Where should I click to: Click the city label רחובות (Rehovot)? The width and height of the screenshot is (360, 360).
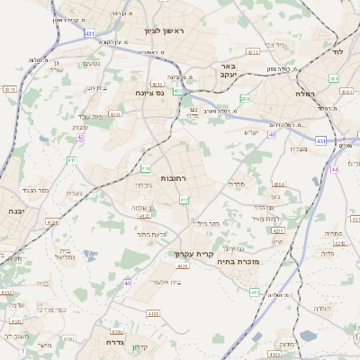coord(174,179)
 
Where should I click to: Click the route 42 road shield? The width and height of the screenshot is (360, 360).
coord(80,137)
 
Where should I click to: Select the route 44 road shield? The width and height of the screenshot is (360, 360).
coord(334,169)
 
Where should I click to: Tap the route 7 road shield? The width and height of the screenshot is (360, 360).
coord(22,350)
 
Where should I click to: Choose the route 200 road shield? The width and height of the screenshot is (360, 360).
coord(245,98)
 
